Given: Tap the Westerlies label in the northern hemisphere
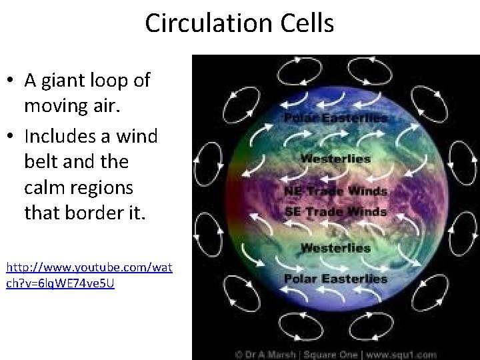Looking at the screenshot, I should pyautogui.click(x=336, y=159).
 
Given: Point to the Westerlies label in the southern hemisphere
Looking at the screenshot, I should pyautogui.click(x=336, y=247).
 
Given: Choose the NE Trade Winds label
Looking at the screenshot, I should pyautogui.click(x=335, y=191).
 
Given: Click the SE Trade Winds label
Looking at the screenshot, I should pyautogui.click(x=335, y=211).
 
